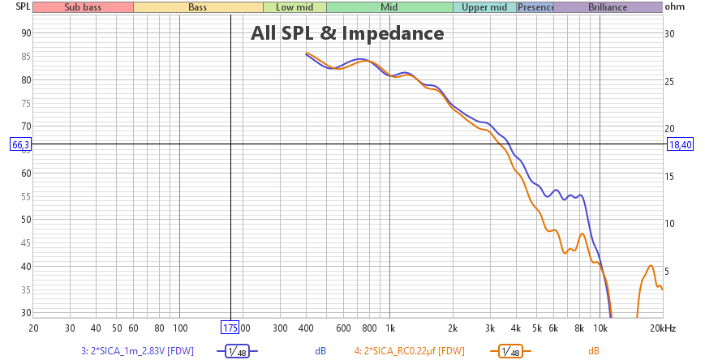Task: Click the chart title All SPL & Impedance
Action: tap(346, 33)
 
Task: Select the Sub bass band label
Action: tap(83, 7)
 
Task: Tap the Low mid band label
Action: tap(294, 7)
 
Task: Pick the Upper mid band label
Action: tap(484, 7)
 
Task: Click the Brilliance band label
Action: tap(608, 7)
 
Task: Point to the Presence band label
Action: tap(535, 7)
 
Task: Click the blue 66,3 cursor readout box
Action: tap(21, 144)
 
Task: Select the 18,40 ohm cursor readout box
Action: tap(679, 144)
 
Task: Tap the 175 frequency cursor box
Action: tap(231, 328)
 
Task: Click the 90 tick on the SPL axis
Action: tap(26, 33)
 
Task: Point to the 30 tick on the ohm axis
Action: tap(670, 34)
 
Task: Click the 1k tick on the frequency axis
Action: tap(389, 328)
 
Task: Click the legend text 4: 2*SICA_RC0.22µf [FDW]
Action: tap(409, 351)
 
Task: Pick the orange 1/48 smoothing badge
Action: tap(505, 351)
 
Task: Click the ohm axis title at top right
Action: tap(674, 7)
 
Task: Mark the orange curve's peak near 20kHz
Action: tap(651, 266)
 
